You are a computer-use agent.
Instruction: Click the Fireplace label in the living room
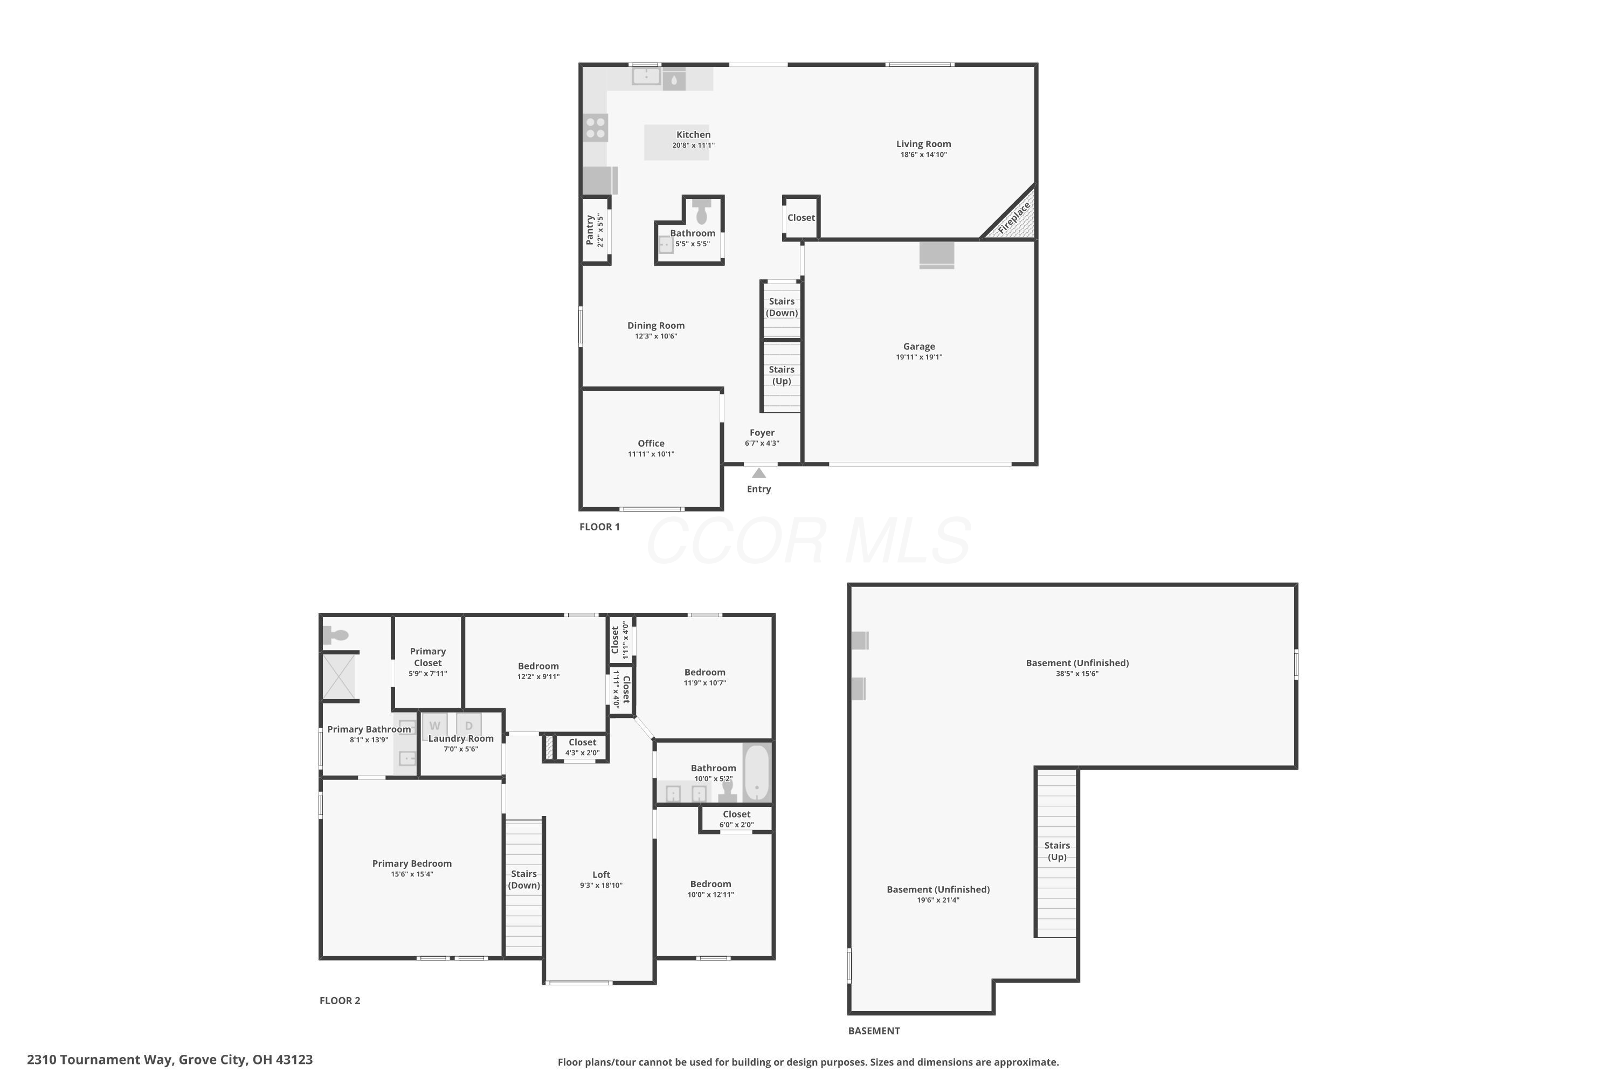1015,217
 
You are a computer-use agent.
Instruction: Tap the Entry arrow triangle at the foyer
759,473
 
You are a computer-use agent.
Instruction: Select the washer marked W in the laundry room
434,725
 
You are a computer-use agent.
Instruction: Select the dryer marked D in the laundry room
469,725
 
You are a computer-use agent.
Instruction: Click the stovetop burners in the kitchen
596,128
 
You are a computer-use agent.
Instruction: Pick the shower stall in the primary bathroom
339,676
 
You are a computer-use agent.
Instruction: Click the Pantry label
590,230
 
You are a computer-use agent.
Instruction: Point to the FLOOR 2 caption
340,1000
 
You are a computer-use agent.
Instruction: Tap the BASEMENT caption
874,1031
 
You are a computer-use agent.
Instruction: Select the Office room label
651,444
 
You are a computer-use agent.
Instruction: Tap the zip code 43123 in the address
294,1060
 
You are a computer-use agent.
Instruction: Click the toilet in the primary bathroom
336,634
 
